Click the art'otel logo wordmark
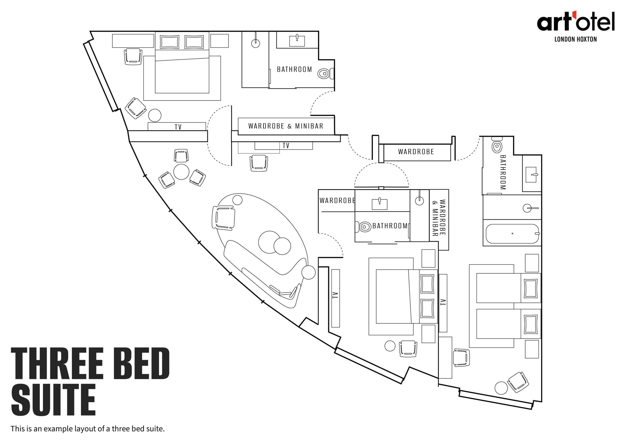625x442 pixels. [576, 21]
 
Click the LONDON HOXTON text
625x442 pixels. [575, 40]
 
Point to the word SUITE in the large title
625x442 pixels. [53, 400]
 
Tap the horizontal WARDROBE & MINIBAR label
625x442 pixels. [286, 126]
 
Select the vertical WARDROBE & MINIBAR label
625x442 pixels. [439, 218]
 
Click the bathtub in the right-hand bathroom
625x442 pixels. [512, 233]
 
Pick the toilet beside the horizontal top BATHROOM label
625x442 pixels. [325, 74]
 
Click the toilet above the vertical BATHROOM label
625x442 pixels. [497, 145]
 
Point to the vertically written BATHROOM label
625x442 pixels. [503, 172]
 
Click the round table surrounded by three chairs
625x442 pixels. [181, 172]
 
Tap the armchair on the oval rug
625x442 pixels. [223, 218]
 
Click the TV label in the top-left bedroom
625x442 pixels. [178, 127]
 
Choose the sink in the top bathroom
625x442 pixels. [297, 41]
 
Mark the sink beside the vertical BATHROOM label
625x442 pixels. [531, 175]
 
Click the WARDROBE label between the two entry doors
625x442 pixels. [416, 152]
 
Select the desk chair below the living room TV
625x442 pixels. [259, 163]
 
